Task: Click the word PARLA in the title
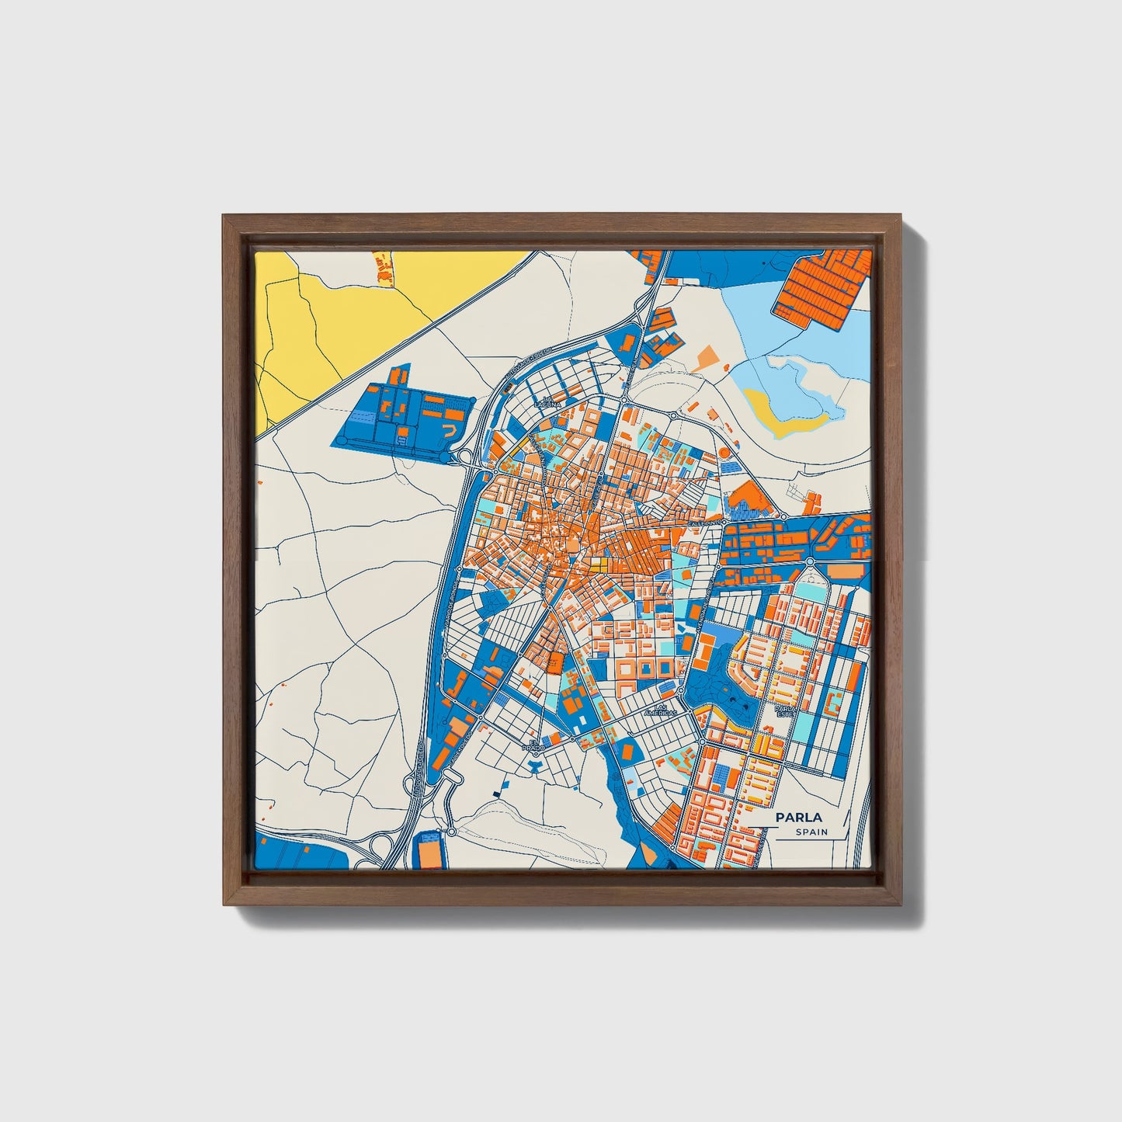(790, 818)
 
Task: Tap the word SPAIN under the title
(811, 832)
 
